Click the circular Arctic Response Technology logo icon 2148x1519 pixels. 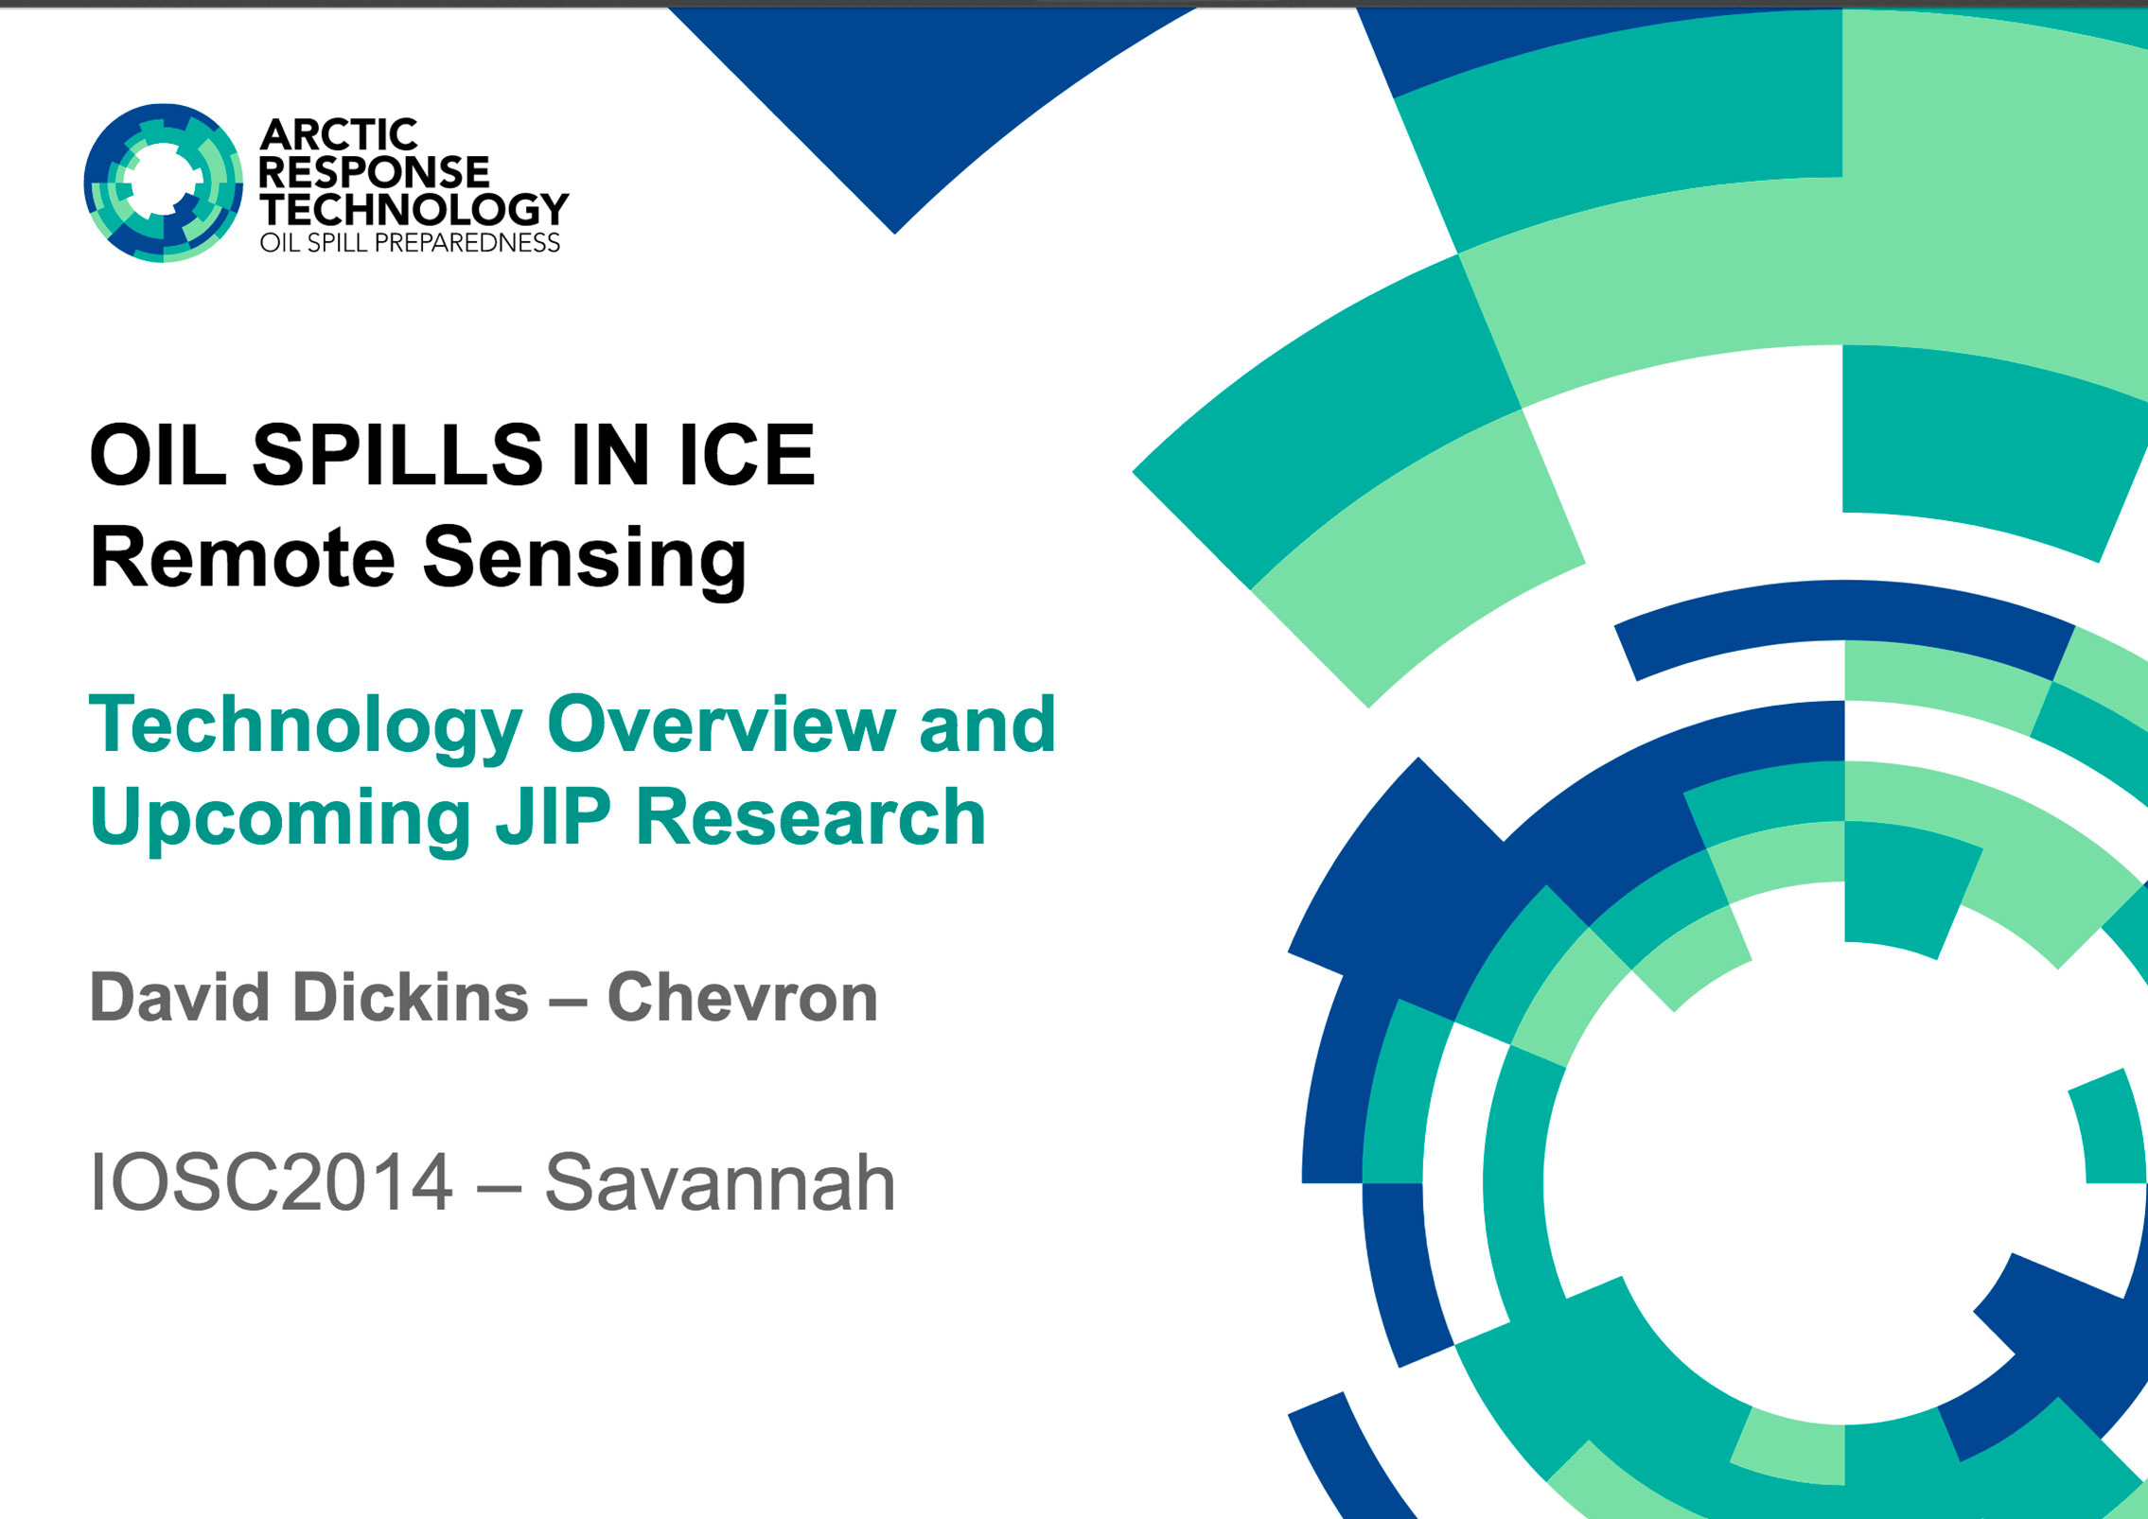(x=163, y=183)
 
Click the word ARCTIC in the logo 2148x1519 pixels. (x=339, y=135)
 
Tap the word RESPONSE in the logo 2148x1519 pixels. (x=374, y=172)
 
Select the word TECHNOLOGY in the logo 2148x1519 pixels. (x=414, y=209)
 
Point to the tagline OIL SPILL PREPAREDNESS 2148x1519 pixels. (x=411, y=243)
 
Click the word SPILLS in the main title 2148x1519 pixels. (x=397, y=455)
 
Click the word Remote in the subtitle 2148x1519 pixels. (x=242, y=557)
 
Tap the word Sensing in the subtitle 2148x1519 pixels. (x=585, y=561)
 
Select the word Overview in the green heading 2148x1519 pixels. (x=721, y=725)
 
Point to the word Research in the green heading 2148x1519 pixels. (x=811, y=817)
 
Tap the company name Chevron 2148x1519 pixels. (x=743, y=998)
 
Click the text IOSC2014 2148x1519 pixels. (x=271, y=1181)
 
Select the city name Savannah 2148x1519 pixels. (x=719, y=1181)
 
